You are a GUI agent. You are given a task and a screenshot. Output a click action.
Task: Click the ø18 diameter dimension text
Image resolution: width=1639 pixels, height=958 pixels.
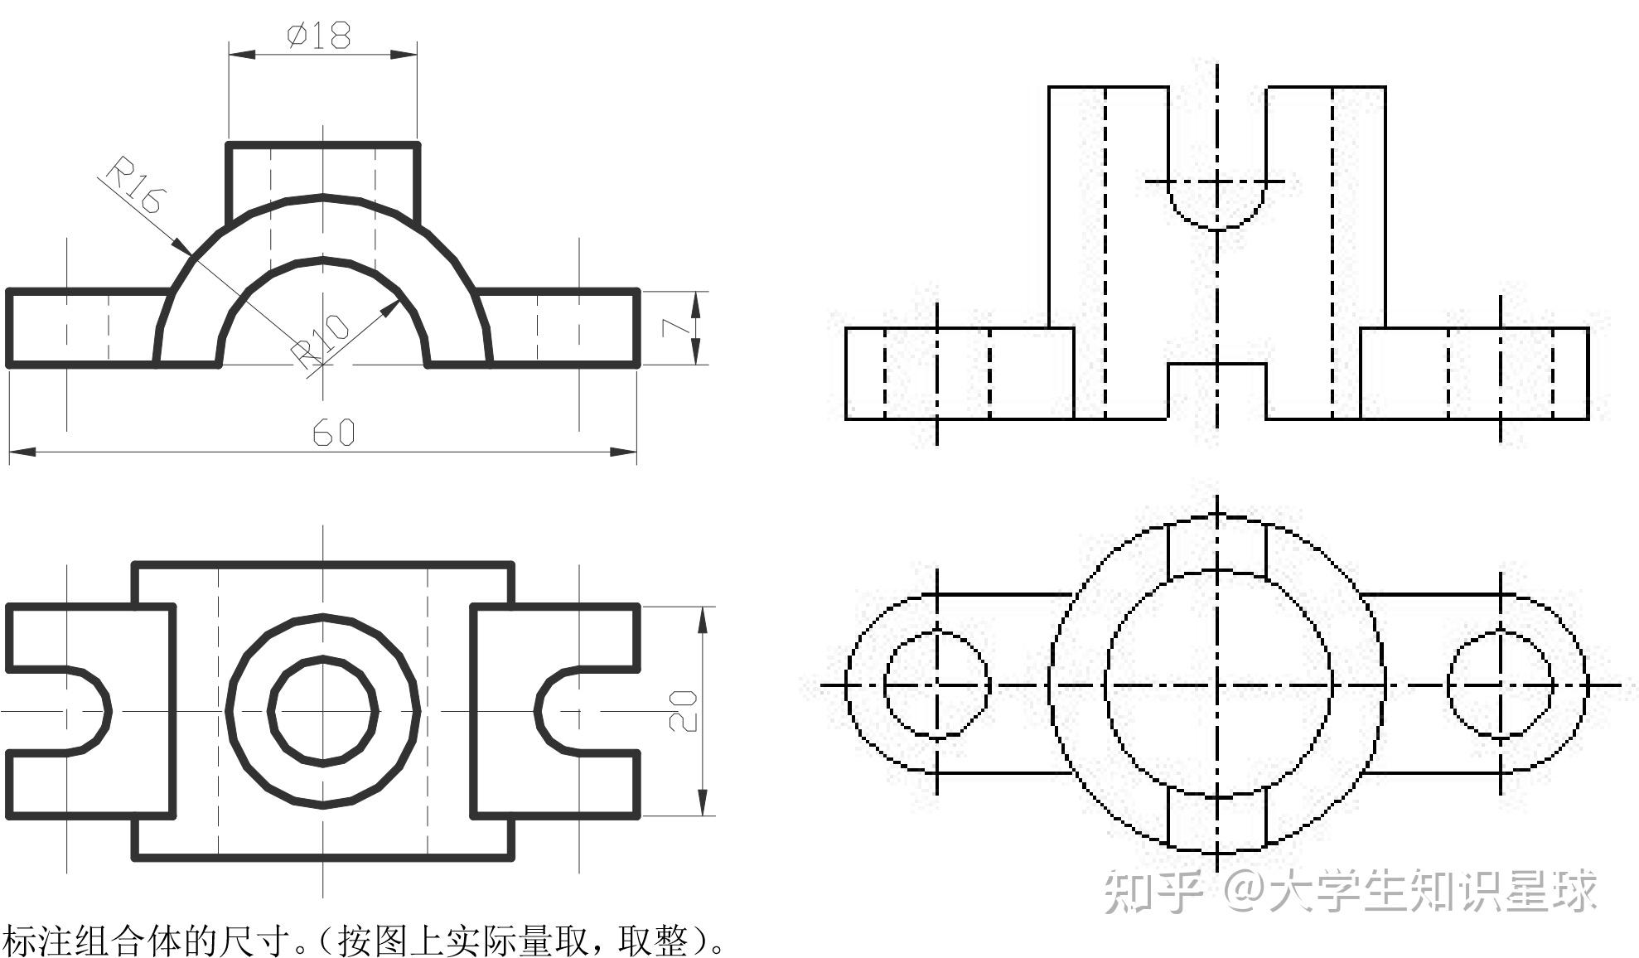click(319, 36)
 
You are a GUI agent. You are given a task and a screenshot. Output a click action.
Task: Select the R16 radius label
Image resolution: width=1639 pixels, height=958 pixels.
click(136, 186)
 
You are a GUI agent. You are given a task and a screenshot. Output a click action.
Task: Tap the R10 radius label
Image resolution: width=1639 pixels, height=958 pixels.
click(323, 341)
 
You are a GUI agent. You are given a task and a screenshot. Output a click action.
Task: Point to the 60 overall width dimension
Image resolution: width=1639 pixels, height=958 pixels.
click(334, 432)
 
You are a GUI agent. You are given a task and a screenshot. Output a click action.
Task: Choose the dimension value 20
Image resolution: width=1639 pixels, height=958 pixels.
click(683, 711)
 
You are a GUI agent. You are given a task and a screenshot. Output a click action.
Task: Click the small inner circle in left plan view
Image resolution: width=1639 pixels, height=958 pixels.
click(323, 710)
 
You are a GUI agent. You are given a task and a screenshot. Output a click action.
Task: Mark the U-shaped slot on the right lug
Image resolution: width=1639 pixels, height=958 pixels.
click(563, 710)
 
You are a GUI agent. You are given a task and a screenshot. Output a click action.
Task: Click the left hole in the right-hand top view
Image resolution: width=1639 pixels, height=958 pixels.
click(937, 685)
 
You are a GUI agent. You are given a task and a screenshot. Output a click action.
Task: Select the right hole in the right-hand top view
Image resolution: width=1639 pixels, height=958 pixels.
click(1501, 685)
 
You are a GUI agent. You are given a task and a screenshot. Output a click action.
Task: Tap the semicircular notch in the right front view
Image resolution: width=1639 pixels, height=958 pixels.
click(1216, 203)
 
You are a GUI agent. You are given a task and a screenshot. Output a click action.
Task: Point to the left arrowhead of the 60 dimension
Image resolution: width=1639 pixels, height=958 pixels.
click(21, 452)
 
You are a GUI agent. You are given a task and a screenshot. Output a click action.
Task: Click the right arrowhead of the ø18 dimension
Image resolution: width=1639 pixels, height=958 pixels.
click(405, 55)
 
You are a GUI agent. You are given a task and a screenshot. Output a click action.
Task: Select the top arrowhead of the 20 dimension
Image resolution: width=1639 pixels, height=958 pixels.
click(703, 618)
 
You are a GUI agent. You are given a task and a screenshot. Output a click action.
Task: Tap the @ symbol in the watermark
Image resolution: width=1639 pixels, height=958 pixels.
click(1243, 891)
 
